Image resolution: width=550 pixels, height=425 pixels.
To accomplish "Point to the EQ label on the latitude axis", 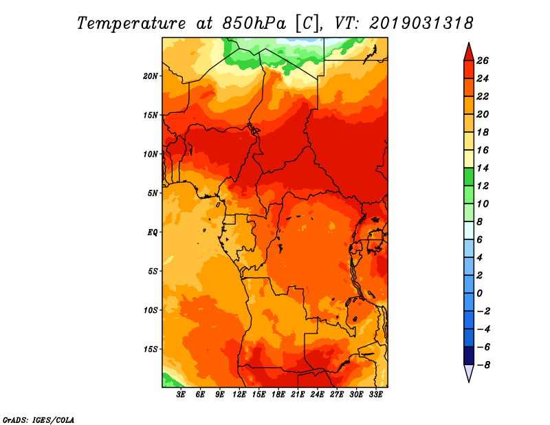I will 153,232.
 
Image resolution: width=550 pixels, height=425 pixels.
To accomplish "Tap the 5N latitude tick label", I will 153,193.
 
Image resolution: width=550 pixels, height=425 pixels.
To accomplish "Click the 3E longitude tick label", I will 181,395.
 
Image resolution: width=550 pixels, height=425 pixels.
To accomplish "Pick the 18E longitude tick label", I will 278,395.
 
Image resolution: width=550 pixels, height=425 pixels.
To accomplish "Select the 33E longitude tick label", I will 375,395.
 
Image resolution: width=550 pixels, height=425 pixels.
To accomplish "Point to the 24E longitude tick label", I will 317,395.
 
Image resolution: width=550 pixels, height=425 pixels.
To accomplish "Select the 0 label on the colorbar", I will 483,294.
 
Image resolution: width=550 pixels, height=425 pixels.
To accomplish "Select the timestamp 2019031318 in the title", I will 421,23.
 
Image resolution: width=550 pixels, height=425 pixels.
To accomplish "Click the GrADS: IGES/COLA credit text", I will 38,419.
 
